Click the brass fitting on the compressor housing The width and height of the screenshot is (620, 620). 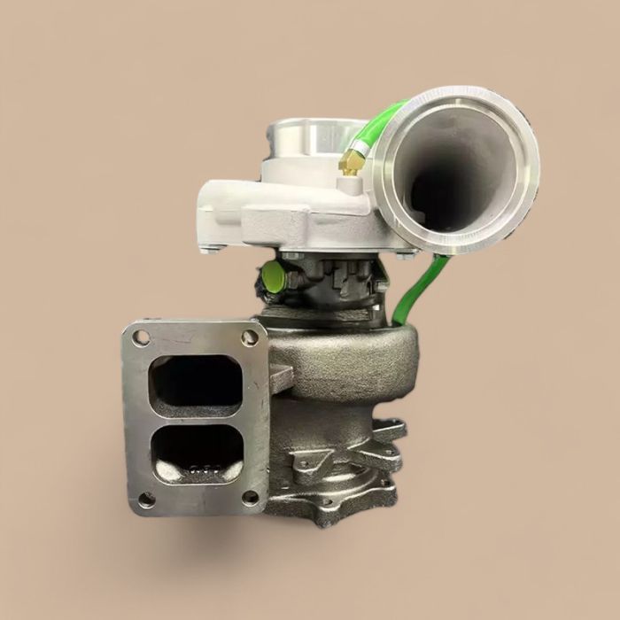(351, 162)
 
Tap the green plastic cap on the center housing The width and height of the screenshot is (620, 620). (272, 279)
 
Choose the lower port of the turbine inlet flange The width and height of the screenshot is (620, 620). (198, 454)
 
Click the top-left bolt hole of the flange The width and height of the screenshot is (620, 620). (141, 337)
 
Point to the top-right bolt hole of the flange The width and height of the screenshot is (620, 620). (250, 337)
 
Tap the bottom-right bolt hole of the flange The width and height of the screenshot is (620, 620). (251, 496)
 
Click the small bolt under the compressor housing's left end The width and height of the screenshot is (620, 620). (210, 250)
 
